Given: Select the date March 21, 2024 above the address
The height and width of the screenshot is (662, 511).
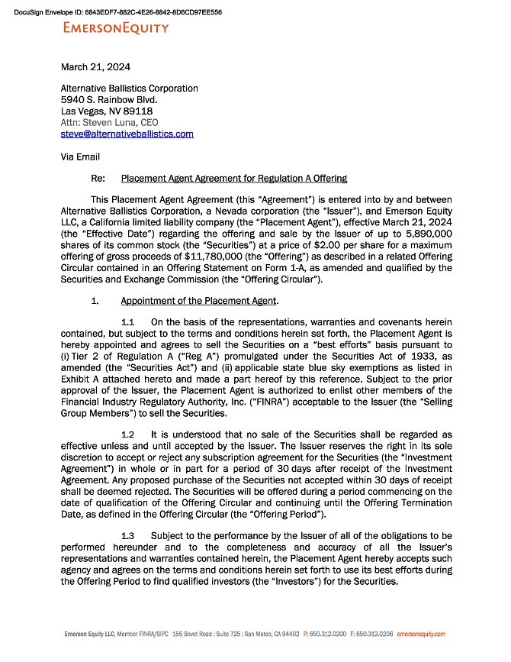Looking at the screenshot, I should coord(95,67).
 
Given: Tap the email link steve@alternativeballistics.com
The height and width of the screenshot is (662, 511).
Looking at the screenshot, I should coord(127,134).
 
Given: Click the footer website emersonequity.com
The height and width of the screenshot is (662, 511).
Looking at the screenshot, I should coord(421,635).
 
